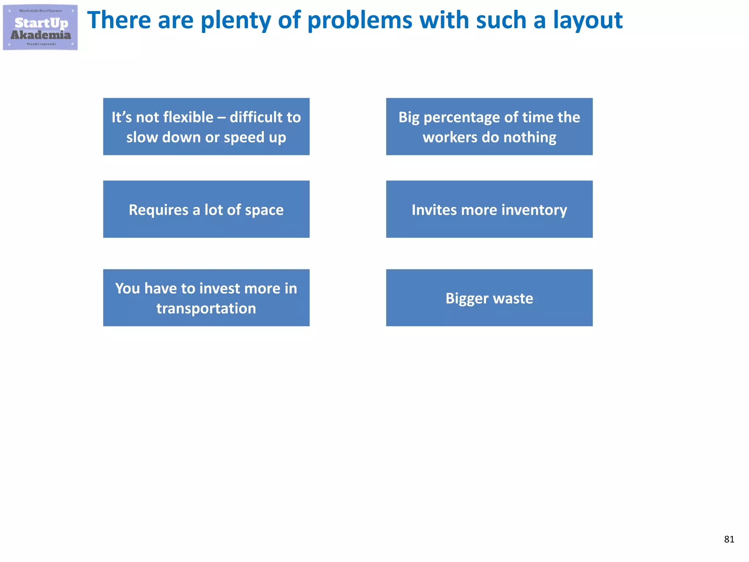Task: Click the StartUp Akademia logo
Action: (x=40, y=27)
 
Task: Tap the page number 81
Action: (x=729, y=539)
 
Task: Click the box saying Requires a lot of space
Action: (x=206, y=209)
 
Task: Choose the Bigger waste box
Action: (x=489, y=298)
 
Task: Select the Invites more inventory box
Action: (x=489, y=209)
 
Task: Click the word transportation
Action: (x=206, y=308)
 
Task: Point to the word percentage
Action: (x=462, y=117)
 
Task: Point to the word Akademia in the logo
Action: (x=41, y=35)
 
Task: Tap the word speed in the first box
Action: (x=244, y=138)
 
